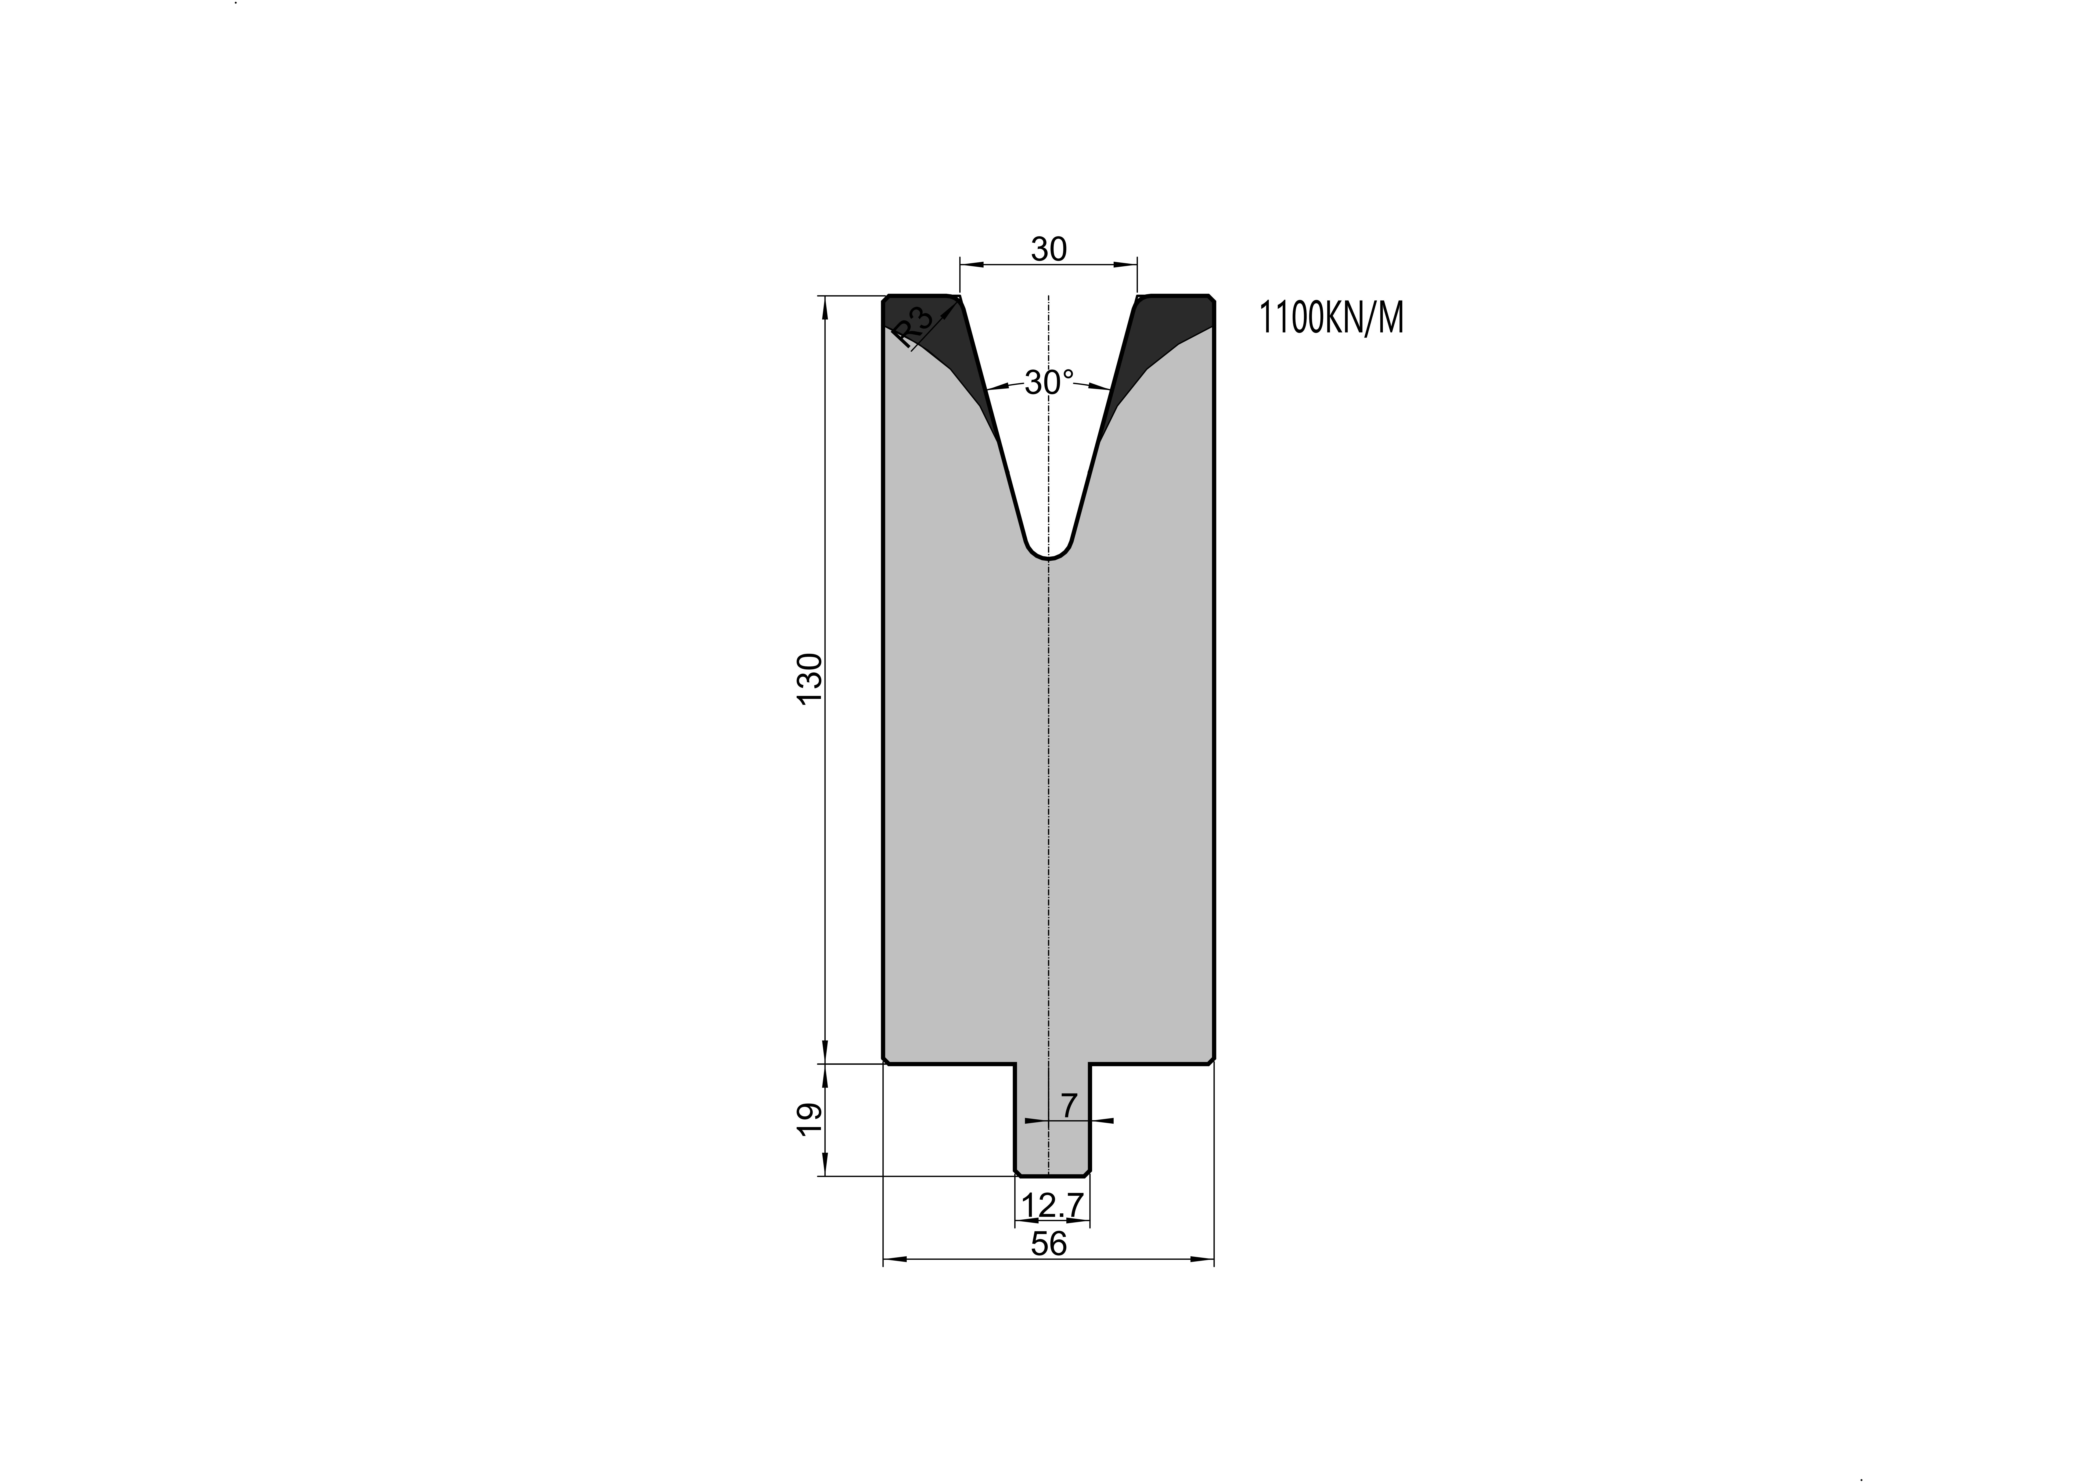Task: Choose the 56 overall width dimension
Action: pyautogui.click(x=1049, y=1244)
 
